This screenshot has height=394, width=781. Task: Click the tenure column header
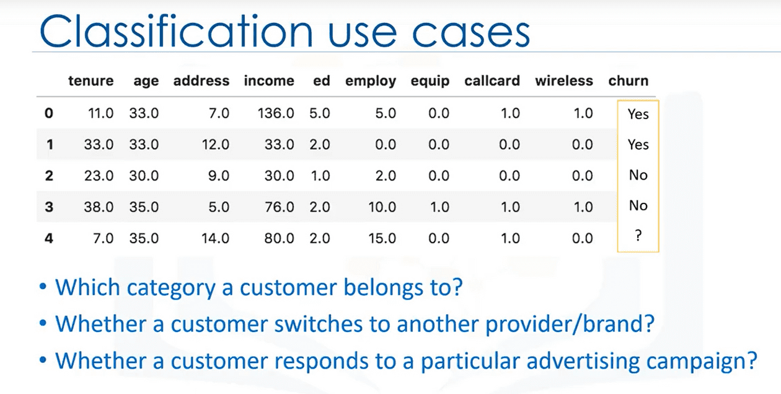91,81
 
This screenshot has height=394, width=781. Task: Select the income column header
269,81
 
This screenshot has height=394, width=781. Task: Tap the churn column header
629,81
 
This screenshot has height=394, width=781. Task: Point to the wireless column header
564,81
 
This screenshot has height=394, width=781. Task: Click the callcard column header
492,81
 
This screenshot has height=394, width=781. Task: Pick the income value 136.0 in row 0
276,113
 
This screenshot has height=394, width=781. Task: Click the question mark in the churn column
638,236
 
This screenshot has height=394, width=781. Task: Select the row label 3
49,207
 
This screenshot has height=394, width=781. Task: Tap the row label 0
49,113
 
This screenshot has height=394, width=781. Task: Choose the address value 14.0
215,238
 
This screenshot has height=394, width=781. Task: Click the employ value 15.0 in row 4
382,238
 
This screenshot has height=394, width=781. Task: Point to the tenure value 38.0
99,207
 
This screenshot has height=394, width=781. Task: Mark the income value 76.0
280,207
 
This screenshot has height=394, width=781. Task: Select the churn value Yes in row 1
638,145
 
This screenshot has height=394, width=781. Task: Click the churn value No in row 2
638,175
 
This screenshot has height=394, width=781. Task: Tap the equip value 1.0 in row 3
439,207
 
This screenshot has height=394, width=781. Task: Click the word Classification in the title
176,32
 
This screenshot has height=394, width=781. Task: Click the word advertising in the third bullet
583,361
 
